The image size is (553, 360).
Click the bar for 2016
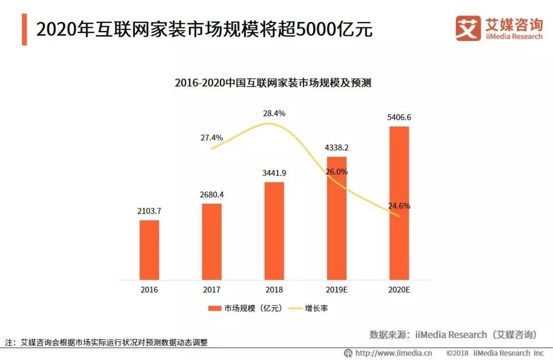point(150,250)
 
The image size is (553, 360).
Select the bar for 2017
point(212,242)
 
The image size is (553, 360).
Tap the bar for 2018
point(274,231)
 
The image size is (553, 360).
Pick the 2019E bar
point(337,218)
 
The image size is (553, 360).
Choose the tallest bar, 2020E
point(399,203)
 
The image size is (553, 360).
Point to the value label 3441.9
point(274,173)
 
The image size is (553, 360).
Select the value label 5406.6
point(399,117)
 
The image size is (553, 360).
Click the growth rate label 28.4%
point(274,113)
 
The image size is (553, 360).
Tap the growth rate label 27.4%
point(211,138)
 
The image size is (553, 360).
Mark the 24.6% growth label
point(399,206)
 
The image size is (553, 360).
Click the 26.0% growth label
point(336,172)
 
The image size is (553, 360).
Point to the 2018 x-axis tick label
point(274,290)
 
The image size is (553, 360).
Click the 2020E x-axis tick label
point(399,290)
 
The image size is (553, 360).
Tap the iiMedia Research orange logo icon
point(468,28)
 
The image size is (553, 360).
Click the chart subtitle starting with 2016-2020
point(273,83)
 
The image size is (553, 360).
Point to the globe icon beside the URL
point(348,353)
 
